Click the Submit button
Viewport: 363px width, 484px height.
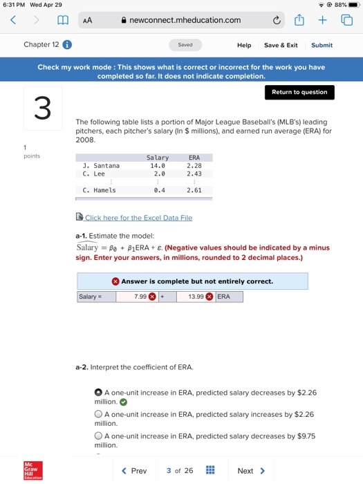(x=322, y=45)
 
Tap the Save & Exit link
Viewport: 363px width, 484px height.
(x=281, y=45)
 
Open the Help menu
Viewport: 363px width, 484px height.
(x=244, y=45)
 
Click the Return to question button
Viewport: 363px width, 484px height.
(x=299, y=93)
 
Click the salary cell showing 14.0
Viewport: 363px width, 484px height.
(x=158, y=166)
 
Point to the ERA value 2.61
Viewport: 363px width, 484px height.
(x=194, y=190)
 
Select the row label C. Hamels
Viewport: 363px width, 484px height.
(x=99, y=190)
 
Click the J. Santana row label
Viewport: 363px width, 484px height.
(x=101, y=166)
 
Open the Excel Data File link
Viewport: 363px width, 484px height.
(x=138, y=218)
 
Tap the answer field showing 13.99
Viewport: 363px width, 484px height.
(x=192, y=297)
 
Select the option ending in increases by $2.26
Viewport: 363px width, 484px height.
(x=99, y=414)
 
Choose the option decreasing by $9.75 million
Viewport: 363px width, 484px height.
(x=99, y=436)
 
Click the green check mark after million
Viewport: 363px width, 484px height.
(x=123, y=401)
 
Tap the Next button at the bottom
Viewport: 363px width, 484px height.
(x=251, y=471)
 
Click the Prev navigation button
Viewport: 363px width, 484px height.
(x=134, y=471)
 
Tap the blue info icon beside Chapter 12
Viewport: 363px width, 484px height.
(x=68, y=45)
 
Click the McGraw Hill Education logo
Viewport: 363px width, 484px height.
(x=32, y=470)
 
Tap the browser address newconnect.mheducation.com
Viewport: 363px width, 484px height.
(x=185, y=21)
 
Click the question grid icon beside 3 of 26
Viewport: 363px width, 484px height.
(x=211, y=471)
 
